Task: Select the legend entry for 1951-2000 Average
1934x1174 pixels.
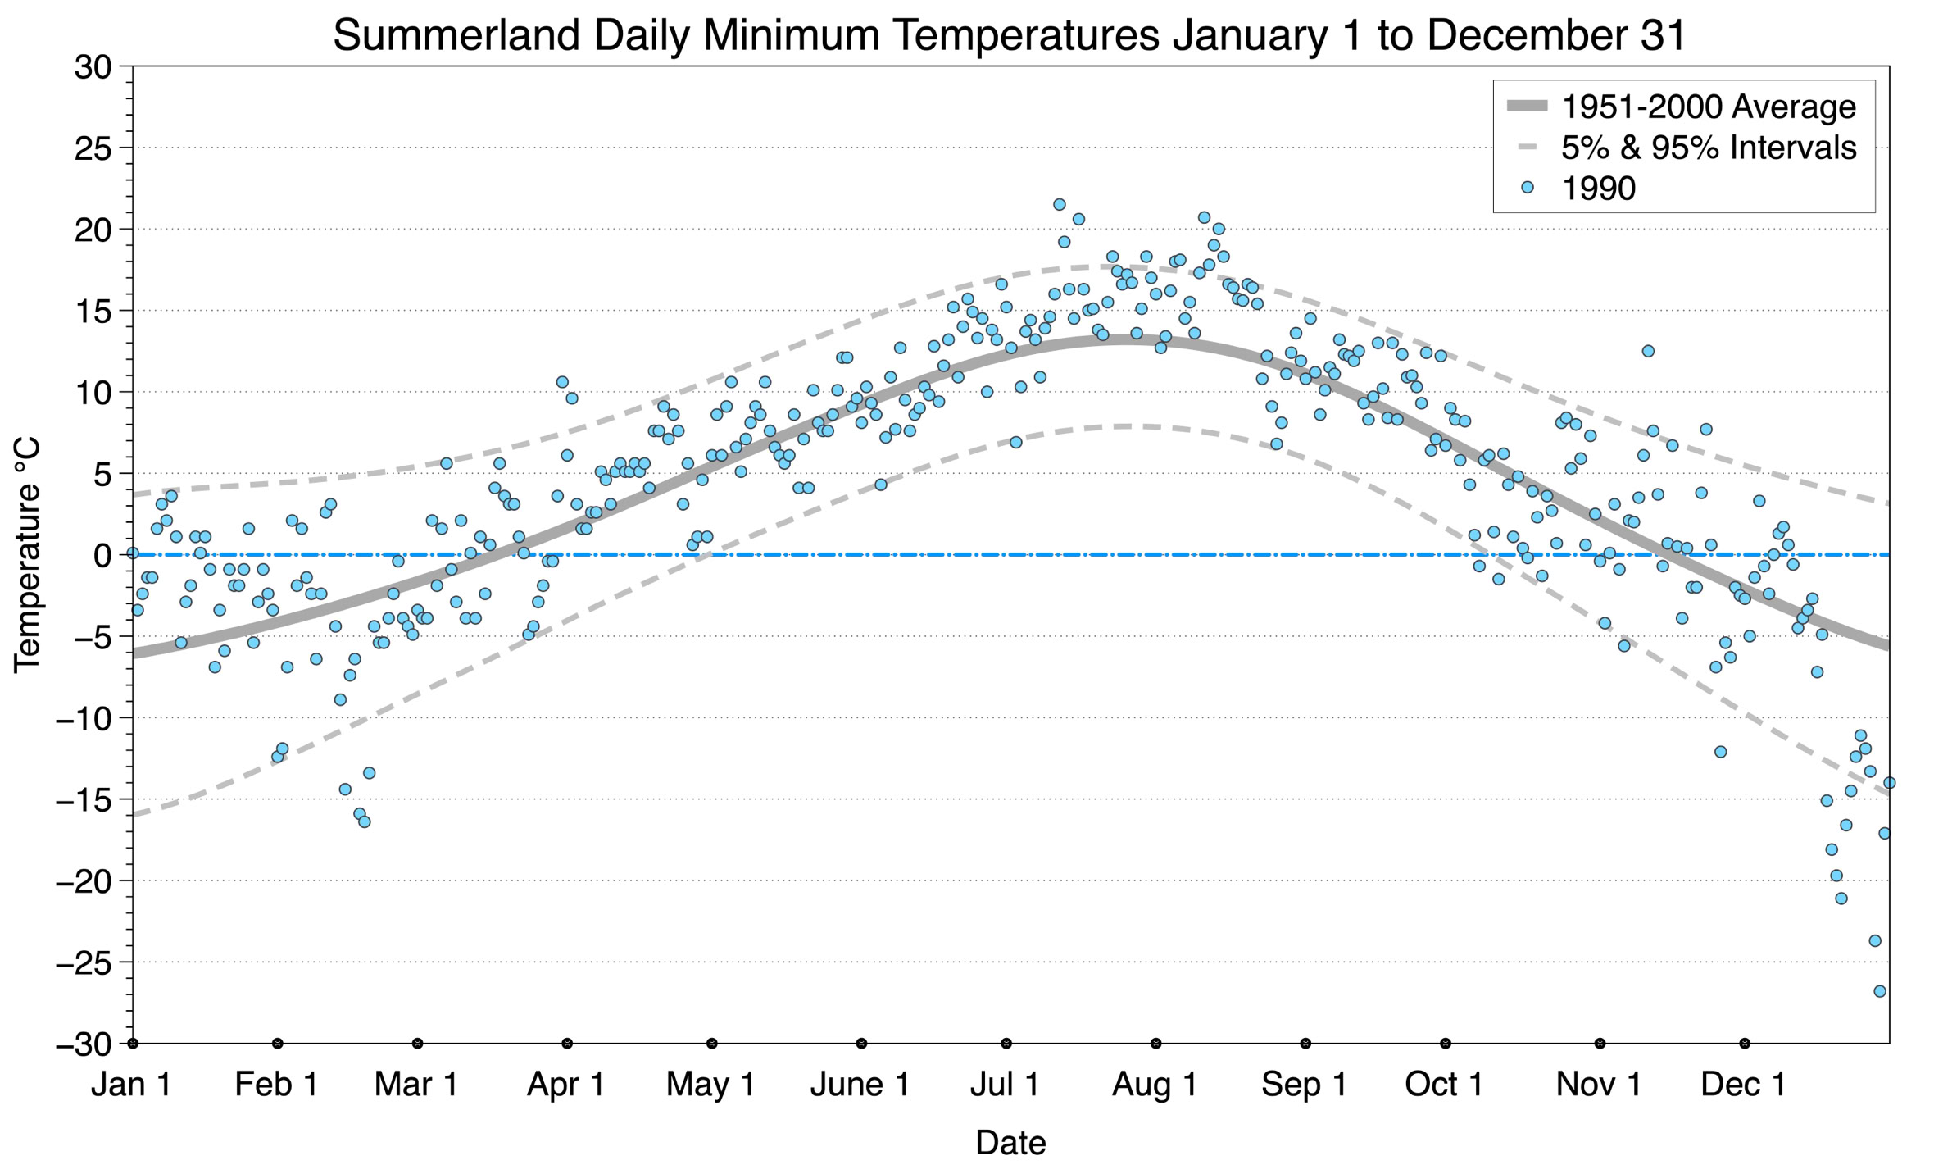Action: (x=1708, y=107)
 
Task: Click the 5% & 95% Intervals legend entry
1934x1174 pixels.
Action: (x=1708, y=148)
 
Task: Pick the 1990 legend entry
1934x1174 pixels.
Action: (x=1598, y=189)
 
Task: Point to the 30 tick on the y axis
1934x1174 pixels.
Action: (x=93, y=67)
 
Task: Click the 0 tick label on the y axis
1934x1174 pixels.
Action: (x=102, y=556)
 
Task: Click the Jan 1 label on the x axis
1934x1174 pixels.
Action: (x=132, y=1085)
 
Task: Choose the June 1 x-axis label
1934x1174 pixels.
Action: (x=860, y=1085)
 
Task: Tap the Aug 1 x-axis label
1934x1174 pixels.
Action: (x=1155, y=1085)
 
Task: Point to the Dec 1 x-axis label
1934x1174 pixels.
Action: (x=1744, y=1085)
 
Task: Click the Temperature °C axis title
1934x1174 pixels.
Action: (x=27, y=555)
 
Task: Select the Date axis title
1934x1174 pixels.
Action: (x=1010, y=1143)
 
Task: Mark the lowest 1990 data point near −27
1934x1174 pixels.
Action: (x=1880, y=991)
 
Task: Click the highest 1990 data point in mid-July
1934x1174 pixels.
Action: (x=1059, y=204)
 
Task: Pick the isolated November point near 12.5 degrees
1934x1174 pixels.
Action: (x=1648, y=351)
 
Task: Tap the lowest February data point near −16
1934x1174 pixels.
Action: (x=365, y=821)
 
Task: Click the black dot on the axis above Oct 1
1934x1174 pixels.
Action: (x=1446, y=1044)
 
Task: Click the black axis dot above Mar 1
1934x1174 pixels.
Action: (x=418, y=1044)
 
